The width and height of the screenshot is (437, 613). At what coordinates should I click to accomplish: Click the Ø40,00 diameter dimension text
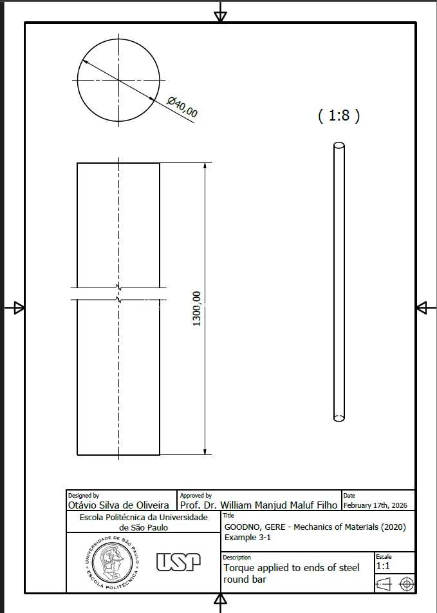point(183,107)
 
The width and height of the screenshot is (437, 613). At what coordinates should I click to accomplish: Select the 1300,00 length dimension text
point(197,309)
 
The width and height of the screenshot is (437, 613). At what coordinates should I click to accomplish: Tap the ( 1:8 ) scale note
point(339,116)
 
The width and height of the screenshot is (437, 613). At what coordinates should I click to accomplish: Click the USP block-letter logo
point(178,562)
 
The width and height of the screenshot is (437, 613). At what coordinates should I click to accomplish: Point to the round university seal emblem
point(112,563)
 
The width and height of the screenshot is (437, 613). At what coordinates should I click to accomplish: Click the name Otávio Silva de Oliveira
point(118,505)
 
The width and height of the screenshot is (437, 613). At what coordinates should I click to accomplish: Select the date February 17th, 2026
point(375,505)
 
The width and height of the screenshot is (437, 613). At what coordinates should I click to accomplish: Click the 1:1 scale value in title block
point(383,566)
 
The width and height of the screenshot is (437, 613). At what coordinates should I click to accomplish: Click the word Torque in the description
point(239,568)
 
